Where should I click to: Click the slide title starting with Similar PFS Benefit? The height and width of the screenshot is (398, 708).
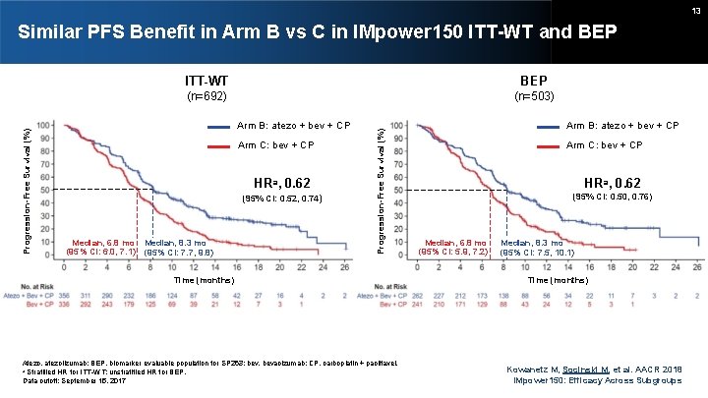click(317, 32)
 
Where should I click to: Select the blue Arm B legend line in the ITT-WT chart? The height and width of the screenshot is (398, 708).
click(222, 126)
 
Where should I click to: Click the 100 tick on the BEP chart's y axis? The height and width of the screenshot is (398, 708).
click(395, 126)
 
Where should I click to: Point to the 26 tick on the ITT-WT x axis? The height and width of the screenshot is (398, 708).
click(346, 267)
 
